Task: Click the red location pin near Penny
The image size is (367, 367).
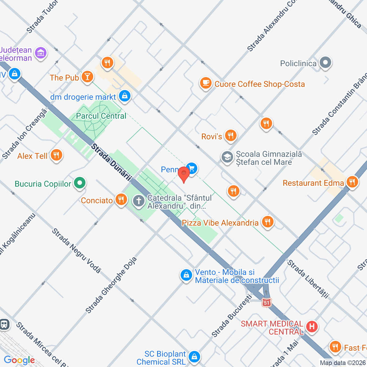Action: click(184, 174)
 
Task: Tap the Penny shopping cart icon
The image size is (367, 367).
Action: click(192, 169)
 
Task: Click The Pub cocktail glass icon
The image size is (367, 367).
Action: click(87, 77)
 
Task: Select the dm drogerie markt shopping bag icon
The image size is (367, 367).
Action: click(125, 96)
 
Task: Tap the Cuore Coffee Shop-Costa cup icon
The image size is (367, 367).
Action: click(206, 83)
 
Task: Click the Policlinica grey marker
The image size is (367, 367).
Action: click(325, 63)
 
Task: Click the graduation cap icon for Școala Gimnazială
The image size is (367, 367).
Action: click(227, 157)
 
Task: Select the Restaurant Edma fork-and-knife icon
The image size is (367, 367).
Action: click(352, 182)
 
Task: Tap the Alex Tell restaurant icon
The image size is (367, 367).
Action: click(56, 155)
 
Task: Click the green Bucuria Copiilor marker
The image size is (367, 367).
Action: click(80, 183)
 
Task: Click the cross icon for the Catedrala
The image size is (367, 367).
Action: click(139, 201)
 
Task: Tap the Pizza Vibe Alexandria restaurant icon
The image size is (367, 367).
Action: click(268, 222)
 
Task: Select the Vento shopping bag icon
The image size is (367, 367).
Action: click(186, 275)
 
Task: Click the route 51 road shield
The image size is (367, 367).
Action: click(266, 303)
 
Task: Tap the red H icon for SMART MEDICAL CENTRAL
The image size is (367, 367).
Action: click(312, 326)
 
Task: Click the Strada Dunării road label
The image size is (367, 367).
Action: click(111, 162)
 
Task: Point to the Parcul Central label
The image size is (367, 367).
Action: click(101, 116)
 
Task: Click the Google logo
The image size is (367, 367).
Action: click(19, 360)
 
